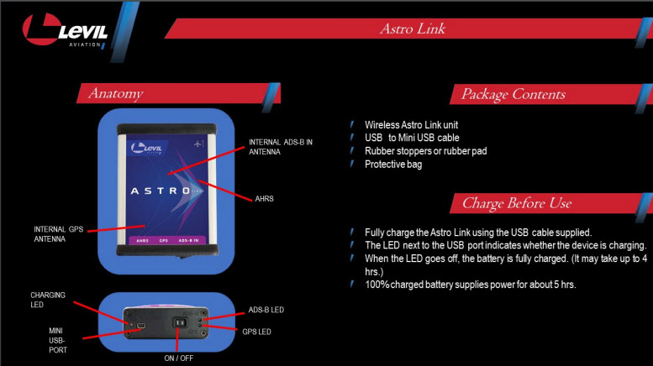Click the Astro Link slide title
pos(412,29)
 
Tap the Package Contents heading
pos(513,94)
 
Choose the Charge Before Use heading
pos(516,203)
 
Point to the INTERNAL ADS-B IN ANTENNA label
pos(281,146)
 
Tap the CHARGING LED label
pos(48,300)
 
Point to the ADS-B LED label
pos(266,310)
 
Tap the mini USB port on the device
pos(141,325)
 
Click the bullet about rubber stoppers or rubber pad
pos(425,151)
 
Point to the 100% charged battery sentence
pos(470,285)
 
